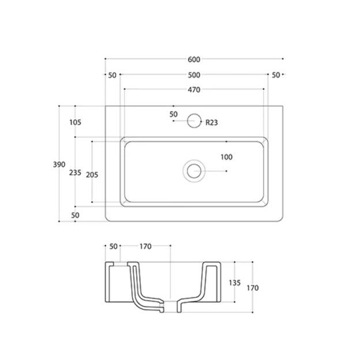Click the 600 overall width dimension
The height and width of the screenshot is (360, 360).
[x=194, y=59]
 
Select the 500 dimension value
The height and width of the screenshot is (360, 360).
[x=194, y=75]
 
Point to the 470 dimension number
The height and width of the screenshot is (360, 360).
[x=194, y=90]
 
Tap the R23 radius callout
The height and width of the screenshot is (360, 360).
[x=211, y=122]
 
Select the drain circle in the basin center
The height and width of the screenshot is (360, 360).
[x=194, y=171]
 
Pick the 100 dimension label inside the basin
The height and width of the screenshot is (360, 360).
[x=226, y=157]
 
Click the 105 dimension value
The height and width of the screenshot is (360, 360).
[x=74, y=122]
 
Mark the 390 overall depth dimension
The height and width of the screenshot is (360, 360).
[x=59, y=164]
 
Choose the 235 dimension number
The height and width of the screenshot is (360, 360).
[x=74, y=172]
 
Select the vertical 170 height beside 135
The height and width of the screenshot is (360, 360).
[x=253, y=288]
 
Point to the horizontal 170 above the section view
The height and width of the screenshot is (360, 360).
[x=145, y=246]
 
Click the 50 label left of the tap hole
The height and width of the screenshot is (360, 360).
[x=174, y=114]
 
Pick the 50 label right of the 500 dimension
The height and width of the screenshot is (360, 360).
[x=276, y=75]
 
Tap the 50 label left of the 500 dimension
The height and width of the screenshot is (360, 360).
[x=112, y=75]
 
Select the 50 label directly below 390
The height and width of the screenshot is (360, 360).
[x=75, y=215]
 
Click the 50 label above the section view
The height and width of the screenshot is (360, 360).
[x=114, y=246]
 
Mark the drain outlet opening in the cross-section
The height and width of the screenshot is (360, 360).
[x=171, y=305]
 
